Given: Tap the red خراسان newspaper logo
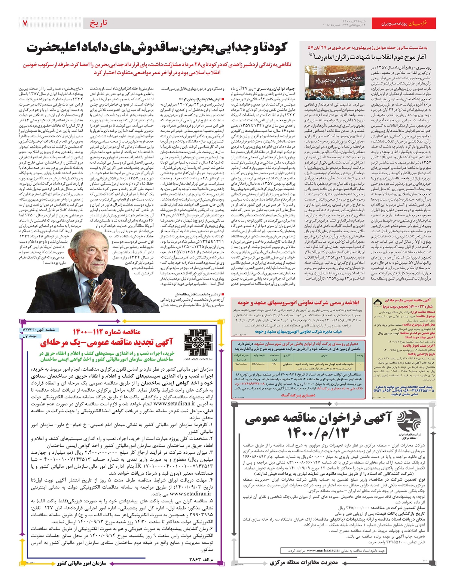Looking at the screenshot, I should click(423, 23).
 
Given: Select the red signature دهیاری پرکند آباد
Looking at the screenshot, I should click(298, 395).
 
